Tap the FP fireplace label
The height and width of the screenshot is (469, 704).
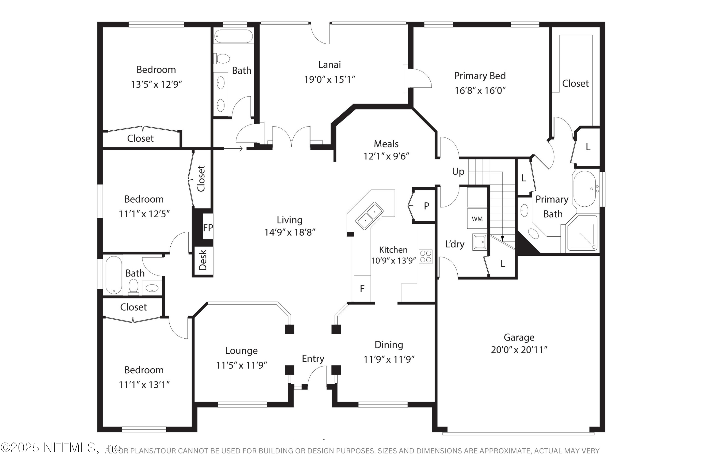(x=208, y=228)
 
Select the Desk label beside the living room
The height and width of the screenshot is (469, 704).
(x=203, y=260)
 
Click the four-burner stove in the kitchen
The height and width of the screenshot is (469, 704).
(x=425, y=257)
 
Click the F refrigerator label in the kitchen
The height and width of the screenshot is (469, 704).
(x=362, y=289)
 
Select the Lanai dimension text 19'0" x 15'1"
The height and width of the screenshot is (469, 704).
(x=329, y=79)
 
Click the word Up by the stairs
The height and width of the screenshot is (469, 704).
(x=458, y=172)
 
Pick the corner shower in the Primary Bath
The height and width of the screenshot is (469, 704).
(x=582, y=233)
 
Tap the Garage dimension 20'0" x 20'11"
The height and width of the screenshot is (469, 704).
(x=519, y=350)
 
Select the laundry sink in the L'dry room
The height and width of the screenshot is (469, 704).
(x=479, y=242)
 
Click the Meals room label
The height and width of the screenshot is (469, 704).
(x=386, y=144)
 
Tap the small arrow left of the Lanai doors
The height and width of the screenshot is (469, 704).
(x=233, y=148)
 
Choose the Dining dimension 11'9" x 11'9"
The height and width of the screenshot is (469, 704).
(x=389, y=359)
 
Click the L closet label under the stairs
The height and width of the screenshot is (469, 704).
(x=503, y=264)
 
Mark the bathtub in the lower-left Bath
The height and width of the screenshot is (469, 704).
(x=113, y=275)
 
